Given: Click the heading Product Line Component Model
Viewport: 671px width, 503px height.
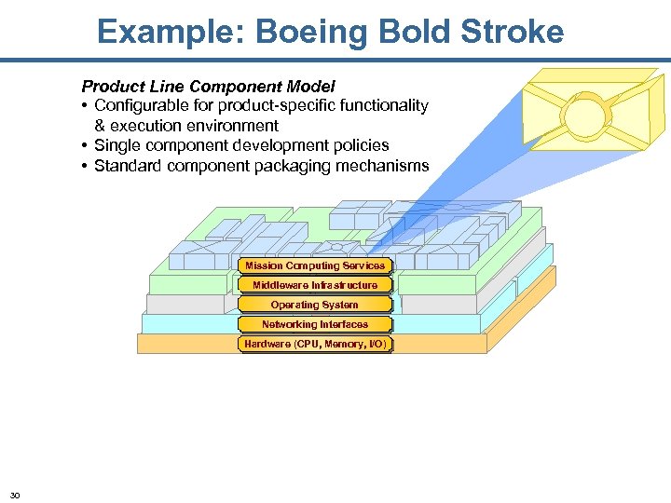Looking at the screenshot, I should [208, 87].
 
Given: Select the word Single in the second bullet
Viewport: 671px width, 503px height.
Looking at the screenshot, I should [118, 145].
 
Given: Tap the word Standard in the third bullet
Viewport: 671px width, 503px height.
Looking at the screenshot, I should [129, 166].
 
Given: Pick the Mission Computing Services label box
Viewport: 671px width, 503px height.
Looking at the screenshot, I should [314, 265].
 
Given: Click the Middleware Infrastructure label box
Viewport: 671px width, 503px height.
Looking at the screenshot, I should [314, 285].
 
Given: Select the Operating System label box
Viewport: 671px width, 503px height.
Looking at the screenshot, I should [314, 305].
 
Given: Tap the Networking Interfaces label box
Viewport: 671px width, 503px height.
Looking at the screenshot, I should [314, 324].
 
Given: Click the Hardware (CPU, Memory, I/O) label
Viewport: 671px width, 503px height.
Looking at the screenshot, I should [314, 345].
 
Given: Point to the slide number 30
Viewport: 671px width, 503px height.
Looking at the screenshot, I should [15, 494].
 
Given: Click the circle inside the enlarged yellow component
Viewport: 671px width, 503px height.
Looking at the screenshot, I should [587, 118].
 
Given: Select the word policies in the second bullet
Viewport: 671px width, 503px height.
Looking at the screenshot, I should [358, 145].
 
